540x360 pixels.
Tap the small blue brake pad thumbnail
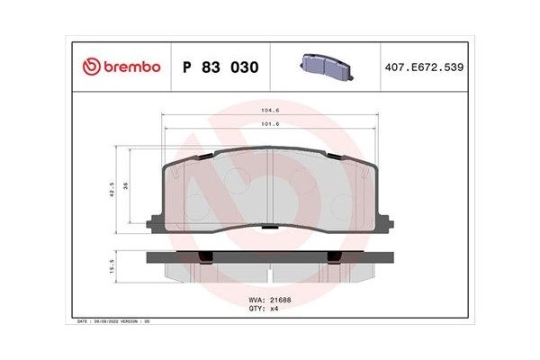click(x=325, y=62)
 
